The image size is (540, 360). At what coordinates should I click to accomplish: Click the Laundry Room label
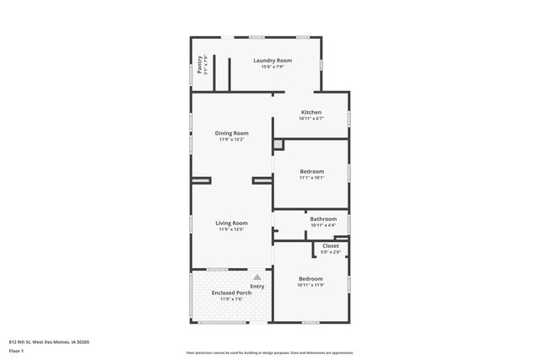tap(273, 61)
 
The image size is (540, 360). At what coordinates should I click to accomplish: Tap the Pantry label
tap(200, 64)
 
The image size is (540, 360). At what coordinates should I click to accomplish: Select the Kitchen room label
tap(311, 112)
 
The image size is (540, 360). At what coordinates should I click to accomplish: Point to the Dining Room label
tap(231, 133)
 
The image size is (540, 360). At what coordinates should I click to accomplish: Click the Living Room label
tap(231, 223)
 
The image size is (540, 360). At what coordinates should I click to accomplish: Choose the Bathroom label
tap(323, 218)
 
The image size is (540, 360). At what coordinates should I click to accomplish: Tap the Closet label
tap(331, 245)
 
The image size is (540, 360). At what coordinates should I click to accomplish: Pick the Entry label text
tap(257, 287)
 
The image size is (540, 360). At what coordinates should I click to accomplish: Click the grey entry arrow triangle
tap(257, 276)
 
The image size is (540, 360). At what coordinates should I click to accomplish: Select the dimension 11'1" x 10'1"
tap(311, 178)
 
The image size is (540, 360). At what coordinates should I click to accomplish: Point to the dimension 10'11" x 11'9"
tap(310, 285)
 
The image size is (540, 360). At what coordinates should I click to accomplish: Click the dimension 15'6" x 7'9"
tap(273, 67)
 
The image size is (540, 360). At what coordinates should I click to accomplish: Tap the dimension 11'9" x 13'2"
tap(231, 139)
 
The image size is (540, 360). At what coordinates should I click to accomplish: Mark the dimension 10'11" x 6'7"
tap(311, 118)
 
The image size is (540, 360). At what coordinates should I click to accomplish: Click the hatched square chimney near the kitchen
tap(278, 144)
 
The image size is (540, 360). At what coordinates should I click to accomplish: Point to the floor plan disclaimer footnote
tap(269, 352)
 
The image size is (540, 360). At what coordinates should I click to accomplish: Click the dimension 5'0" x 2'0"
tap(331, 251)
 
